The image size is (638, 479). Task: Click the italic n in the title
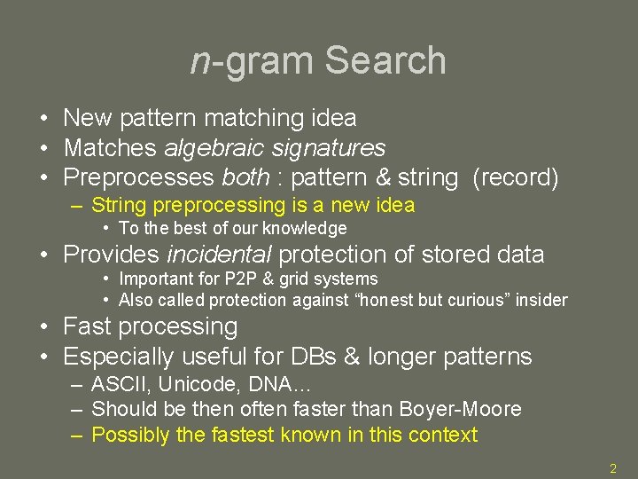tap(200, 62)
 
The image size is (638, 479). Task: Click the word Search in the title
tap(385, 60)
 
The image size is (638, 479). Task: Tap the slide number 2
tap(613, 467)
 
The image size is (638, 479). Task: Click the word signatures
tap(329, 147)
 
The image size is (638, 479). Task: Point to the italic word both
tap(244, 177)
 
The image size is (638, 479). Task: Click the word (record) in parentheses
tap(516, 177)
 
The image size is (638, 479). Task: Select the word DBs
tap(316, 357)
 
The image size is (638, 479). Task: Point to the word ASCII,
tap(119, 385)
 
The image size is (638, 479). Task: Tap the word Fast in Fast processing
tap(90, 326)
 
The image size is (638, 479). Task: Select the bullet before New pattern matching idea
tap(43, 118)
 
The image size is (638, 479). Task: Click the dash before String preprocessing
tap(77, 206)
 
